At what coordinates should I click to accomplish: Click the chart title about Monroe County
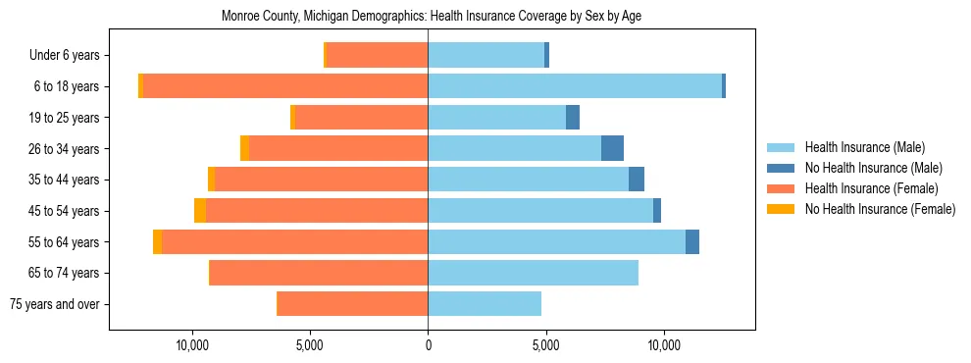point(432,17)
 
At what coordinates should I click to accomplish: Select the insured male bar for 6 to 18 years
point(575,86)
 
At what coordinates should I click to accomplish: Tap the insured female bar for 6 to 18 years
point(284,86)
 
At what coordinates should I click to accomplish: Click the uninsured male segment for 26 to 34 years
point(612,148)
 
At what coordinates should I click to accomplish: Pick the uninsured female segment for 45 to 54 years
point(200,211)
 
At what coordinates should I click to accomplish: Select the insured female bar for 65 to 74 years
point(319,273)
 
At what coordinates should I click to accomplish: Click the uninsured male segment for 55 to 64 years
point(692,241)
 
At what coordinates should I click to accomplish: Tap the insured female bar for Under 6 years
point(377,55)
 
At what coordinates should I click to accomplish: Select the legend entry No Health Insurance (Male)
point(873,168)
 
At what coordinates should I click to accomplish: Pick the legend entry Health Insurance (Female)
point(871,188)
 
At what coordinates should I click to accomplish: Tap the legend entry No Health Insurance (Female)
point(879,209)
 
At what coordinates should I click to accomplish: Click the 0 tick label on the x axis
point(428,345)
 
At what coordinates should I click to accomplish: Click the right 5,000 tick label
point(545,345)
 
